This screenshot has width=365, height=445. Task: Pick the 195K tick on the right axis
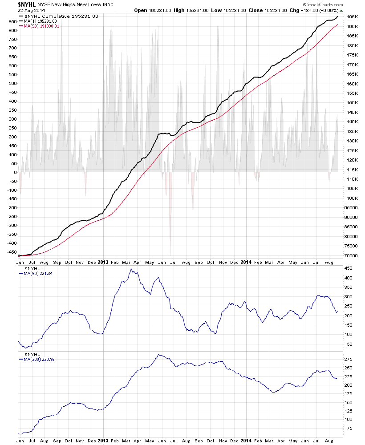click(353, 17)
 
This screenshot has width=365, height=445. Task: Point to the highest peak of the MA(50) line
click(131, 269)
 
